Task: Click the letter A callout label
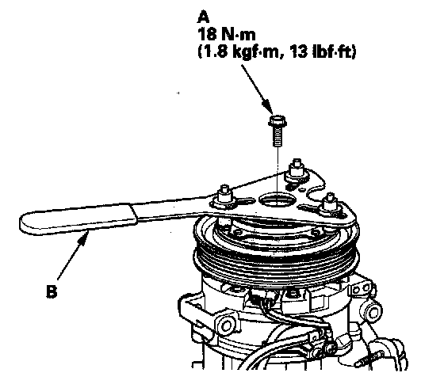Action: click(x=203, y=17)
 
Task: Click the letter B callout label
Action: click(x=52, y=291)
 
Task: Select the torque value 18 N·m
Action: click(x=227, y=35)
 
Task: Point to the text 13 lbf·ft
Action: click(x=322, y=52)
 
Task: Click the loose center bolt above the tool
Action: click(x=277, y=130)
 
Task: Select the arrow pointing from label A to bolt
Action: click(x=257, y=89)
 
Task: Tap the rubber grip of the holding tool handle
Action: click(x=78, y=219)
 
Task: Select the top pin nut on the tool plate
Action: click(x=297, y=170)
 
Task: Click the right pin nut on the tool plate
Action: click(x=330, y=205)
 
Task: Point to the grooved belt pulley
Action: click(x=277, y=254)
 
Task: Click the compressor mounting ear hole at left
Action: click(x=226, y=325)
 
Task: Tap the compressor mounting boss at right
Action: click(x=371, y=312)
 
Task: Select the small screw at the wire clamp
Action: click(x=329, y=348)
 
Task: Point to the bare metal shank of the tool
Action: click(x=173, y=211)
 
